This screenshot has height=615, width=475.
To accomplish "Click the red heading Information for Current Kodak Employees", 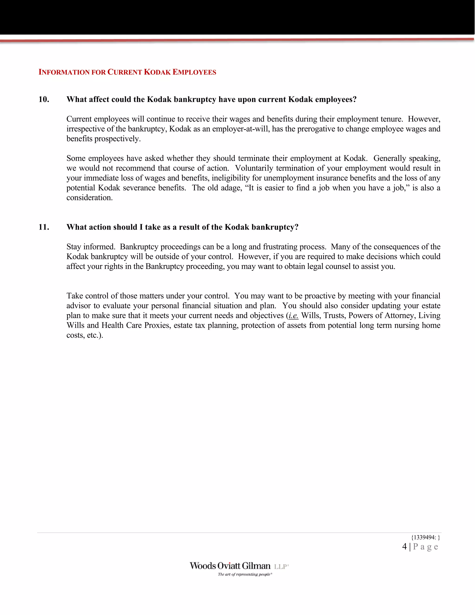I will click(127, 72).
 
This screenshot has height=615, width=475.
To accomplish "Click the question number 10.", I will click(44, 99).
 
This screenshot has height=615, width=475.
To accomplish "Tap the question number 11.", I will click(44, 227).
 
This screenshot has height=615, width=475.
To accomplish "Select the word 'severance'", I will click(139, 188).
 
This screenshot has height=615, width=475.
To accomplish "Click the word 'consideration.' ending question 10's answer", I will click(90, 198).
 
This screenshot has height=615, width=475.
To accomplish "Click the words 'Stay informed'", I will click(91, 247).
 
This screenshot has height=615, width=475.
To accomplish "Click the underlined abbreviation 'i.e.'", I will click(293, 316).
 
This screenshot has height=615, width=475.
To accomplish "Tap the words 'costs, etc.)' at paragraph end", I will click(85, 335).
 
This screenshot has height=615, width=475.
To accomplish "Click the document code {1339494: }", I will click(425, 537).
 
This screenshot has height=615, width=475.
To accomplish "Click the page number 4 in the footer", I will click(404, 547).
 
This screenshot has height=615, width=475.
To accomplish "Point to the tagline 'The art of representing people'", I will click(244, 574).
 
